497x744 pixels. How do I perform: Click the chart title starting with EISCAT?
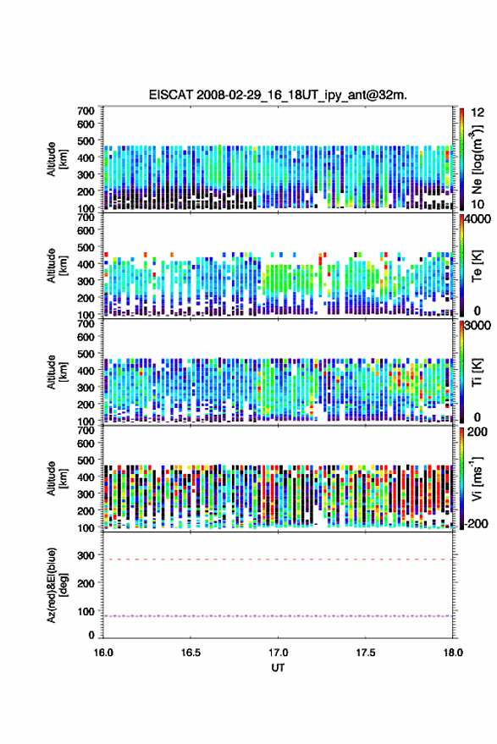(278, 95)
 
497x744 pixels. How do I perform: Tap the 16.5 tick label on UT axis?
(191, 653)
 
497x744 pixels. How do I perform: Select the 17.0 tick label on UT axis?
(278, 653)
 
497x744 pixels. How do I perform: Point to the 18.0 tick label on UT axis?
(453, 653)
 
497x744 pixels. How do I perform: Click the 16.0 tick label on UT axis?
(103, 653)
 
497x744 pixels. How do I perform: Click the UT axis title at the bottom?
(278, 668)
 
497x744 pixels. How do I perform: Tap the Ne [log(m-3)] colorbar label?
(477, 159)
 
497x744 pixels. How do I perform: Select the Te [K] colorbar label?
(477, 266)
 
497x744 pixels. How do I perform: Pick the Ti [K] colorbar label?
(477, 372)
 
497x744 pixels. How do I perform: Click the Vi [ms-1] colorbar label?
(477, 478)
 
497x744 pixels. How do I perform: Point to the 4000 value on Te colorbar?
(478, 220)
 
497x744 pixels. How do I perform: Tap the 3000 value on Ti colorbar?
(478, 326)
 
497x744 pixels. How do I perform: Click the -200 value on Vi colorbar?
(475, 523)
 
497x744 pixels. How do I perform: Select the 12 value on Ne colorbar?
(478, 113)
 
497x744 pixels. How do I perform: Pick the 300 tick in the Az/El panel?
(86, 555)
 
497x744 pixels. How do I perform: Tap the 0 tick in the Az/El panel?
(91, 635)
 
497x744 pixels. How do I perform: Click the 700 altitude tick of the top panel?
(86, 111)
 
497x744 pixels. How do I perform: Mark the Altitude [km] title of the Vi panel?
(57, 478)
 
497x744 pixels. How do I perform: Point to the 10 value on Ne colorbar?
(478, 204)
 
